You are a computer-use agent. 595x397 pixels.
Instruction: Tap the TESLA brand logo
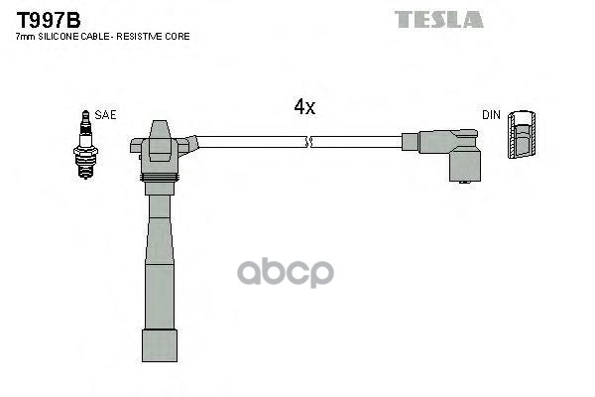pos(438,19)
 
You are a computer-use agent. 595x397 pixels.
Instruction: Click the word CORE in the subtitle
pos(179,37)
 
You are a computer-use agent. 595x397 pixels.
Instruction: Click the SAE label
pos(105,115)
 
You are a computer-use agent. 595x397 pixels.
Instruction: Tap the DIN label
pos(492,115)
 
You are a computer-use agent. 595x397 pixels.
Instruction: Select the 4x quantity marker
pos(304,107)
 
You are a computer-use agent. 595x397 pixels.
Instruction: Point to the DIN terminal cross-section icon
pos(521,137)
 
